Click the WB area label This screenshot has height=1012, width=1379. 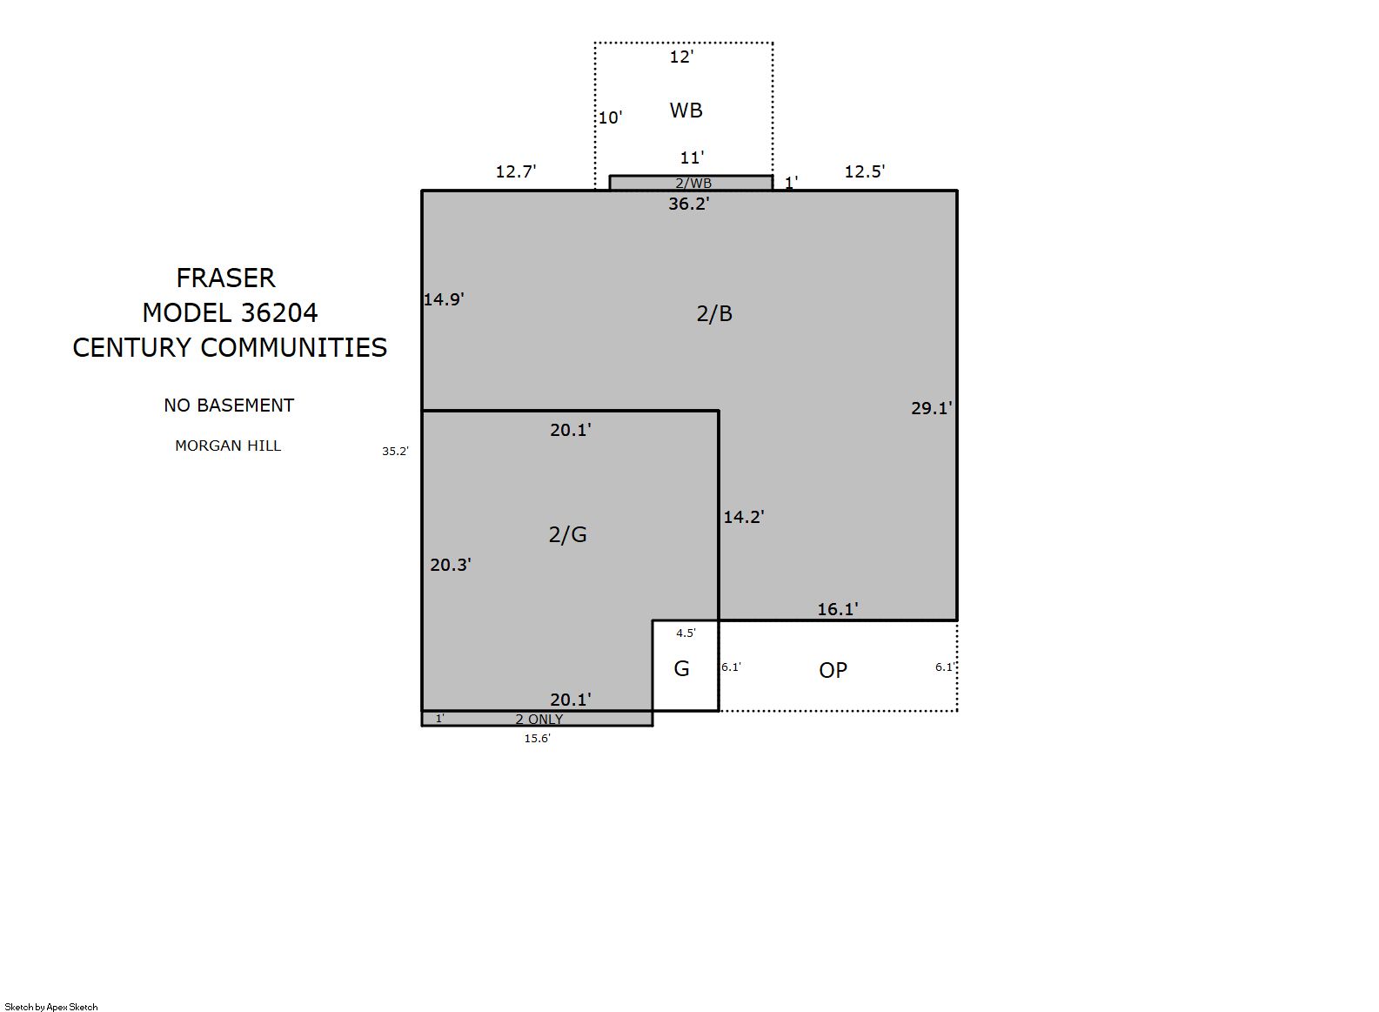pyautogui.click(x=686, y=111)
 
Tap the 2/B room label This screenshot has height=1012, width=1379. pyautogui.click(x=714, y=314)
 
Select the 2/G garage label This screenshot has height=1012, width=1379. pyautogui.click(x=567, y=534)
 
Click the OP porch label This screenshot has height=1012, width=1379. pyautogui.click(x=833, y=670)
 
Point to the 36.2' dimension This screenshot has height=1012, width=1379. pyautogui.click(x=689, y=204)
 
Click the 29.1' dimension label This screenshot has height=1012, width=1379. pyautogui.click(x=932, y=408)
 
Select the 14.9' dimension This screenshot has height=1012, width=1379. pyautogui.click(x=443, y=299)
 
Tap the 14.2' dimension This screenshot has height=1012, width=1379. pyautogui.click(x=744, y=517)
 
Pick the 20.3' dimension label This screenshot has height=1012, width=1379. pyautogui.click(x=451, y=565)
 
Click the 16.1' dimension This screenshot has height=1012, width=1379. pyautogui.click(x=837, y=609)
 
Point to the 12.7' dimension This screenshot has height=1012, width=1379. pyautogui.click(x=516, y=171)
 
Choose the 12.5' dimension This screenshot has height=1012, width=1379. pyautogui.click(x=864, y=171)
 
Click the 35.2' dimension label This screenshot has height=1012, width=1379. pyautogui.click(x=395, y=452)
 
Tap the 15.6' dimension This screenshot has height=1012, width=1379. pyautogui.click(x=538, y=739)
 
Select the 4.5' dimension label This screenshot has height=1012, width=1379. pyautogui.click(x=686, y=633)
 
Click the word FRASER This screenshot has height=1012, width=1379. pyautogui.click(x=226, y=278)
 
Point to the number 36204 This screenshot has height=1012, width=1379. pyautogui.click(x=279, y=312)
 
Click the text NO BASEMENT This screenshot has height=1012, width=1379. pyautogui.click(x=229, y=405)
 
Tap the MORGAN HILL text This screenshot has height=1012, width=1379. pyautogui.click(x=228, y=446)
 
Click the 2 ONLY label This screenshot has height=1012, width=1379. pyautogui.click(x=539, y=719)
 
